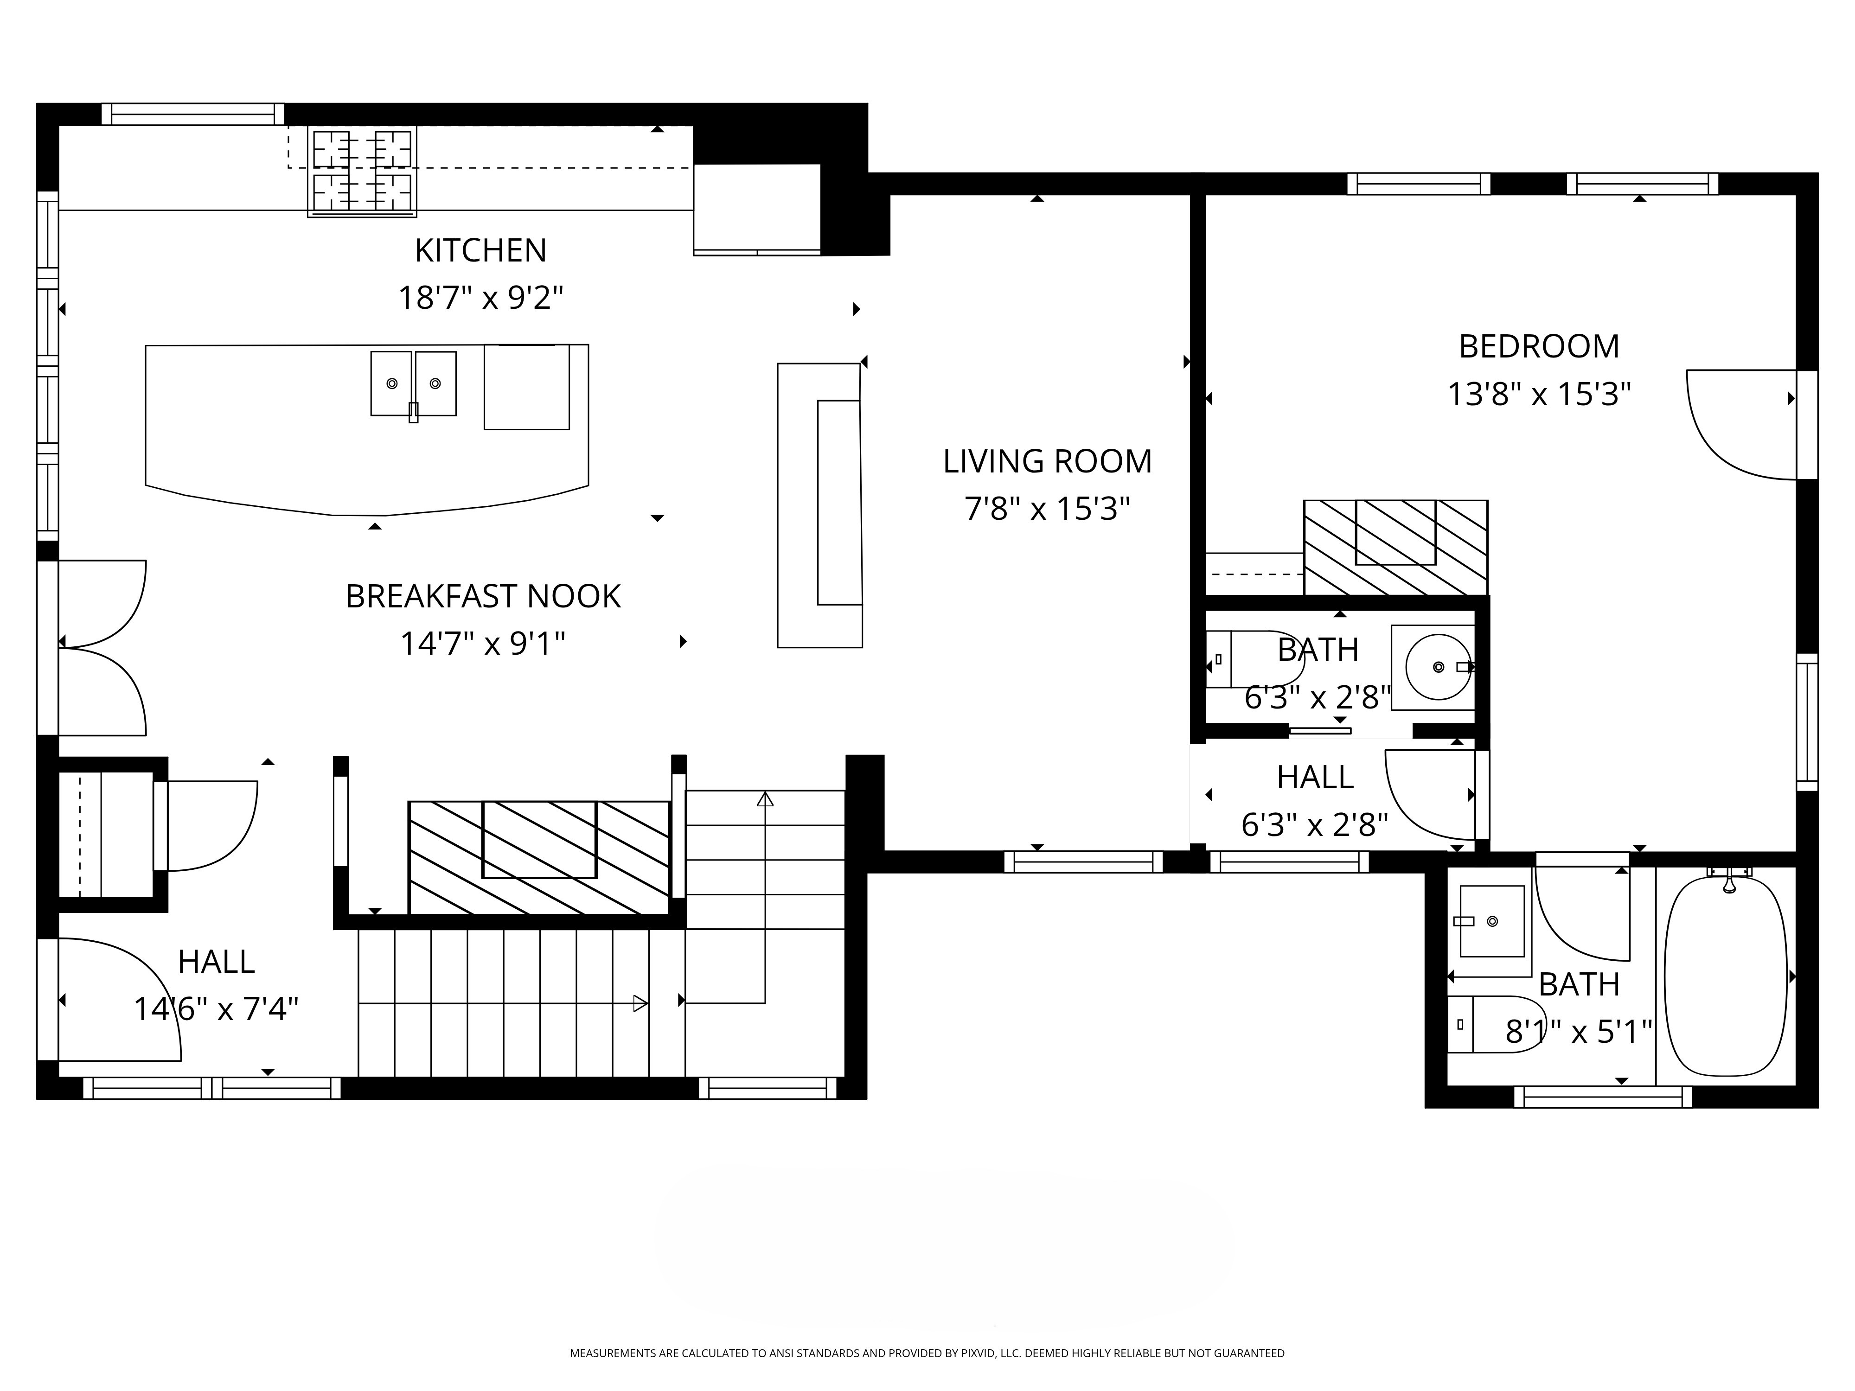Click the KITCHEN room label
(480, 250)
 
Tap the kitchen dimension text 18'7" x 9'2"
(480, 298)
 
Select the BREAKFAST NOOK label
(483, 596)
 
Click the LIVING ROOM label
(1048, 461)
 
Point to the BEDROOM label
(1539, 346)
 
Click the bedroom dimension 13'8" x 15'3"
(1539, 394)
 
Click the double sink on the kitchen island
(414, 384)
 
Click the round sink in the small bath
(1437, 667)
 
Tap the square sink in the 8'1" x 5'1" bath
(1492, 921)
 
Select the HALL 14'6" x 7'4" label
(217, 985)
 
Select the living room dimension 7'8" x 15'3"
(1048, 509)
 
